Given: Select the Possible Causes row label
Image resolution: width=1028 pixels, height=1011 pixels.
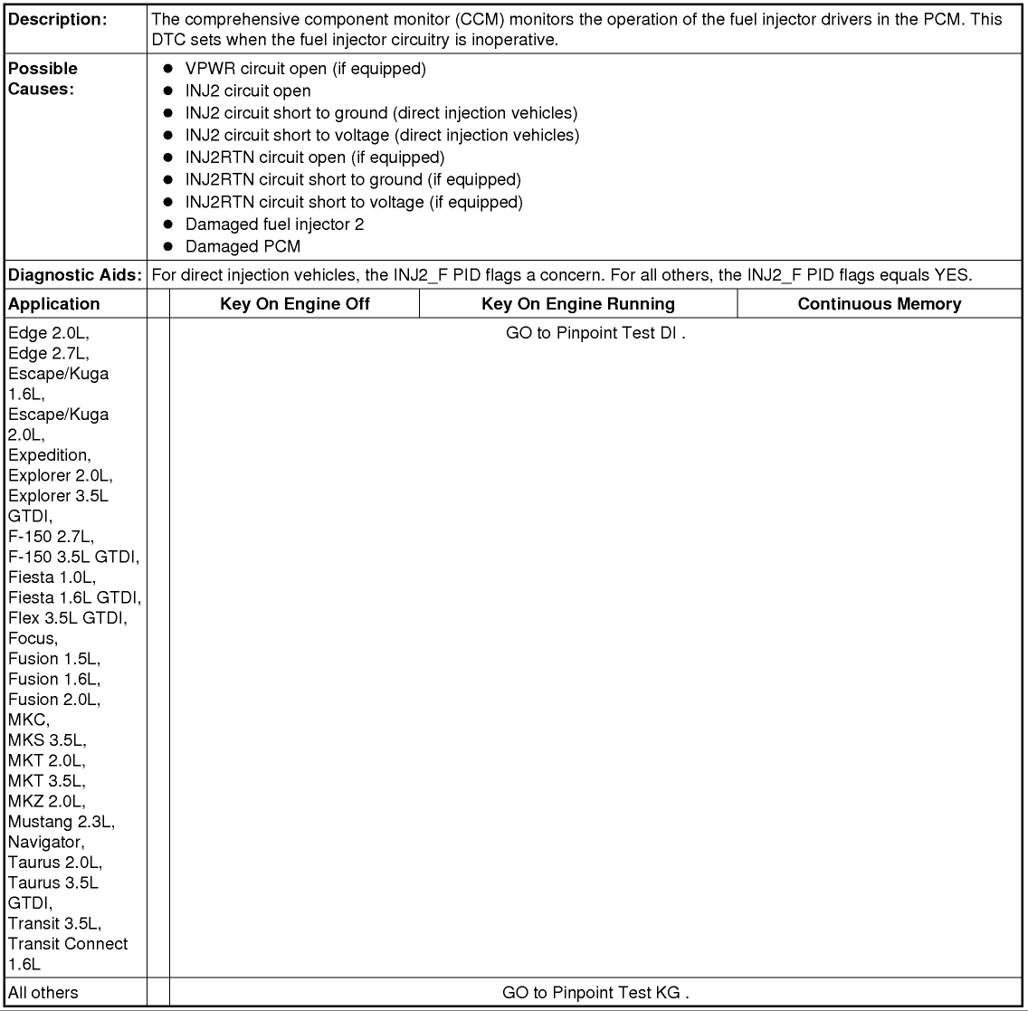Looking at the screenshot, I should tap(43, 79).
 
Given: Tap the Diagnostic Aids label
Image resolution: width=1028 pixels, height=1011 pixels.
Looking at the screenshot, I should tap(75, 275).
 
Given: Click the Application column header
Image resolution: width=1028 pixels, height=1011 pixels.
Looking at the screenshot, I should tap(54, 304).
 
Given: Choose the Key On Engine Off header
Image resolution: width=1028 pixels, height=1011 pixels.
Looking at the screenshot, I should tap(295, 304).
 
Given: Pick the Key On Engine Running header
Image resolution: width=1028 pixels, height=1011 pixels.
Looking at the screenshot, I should tap(578, 304).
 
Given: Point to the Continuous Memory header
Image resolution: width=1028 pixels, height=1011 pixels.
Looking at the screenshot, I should tap(879, 304).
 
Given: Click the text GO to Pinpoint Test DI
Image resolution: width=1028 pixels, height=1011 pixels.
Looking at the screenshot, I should tap(595, 333).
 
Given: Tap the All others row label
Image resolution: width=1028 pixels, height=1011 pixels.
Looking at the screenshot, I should tap(43, 993).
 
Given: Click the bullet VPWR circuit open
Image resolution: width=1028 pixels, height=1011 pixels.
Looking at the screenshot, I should tap(305, 69).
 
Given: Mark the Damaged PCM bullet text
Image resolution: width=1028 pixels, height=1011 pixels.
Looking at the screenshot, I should tap(243, 246).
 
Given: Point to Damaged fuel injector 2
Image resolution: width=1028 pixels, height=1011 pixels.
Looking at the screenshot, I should tap(274, 224).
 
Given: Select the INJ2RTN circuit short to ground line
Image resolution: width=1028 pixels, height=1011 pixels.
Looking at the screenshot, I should tap(353, 179).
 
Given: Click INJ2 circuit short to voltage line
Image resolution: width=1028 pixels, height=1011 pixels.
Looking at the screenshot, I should tap(382, 135).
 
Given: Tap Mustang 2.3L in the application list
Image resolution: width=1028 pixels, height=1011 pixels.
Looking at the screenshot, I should tap(62, 822).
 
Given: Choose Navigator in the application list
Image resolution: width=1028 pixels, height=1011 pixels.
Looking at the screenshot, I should tap(45, 842).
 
